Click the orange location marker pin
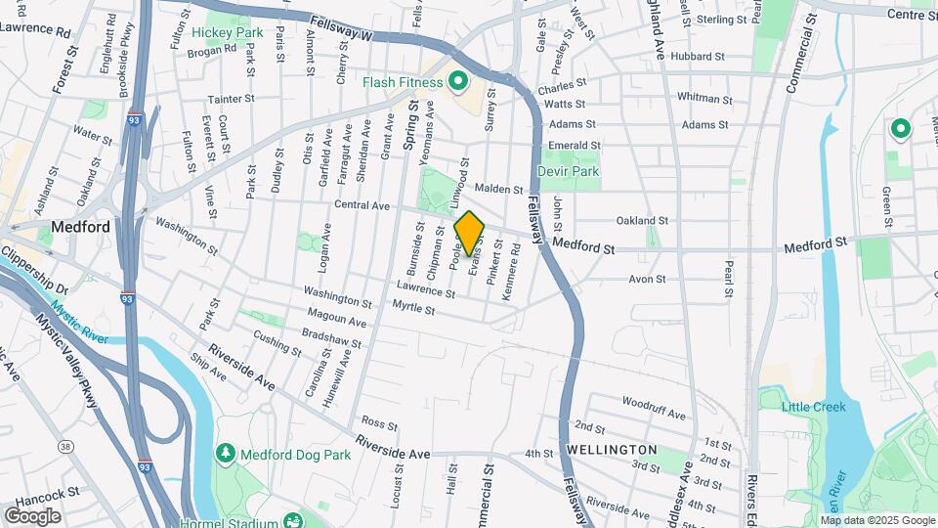coord(470,234)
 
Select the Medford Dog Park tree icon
coord(226,454)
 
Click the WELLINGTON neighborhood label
coord(612,449)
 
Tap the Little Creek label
coord(815,406)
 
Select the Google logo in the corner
coord(33,516)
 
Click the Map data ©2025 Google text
coord(877,520)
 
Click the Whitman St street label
coord(704,98)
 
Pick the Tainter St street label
coord(231,98)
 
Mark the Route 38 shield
coord(65,446)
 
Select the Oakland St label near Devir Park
coord(642,220)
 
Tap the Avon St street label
coord(647,279)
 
